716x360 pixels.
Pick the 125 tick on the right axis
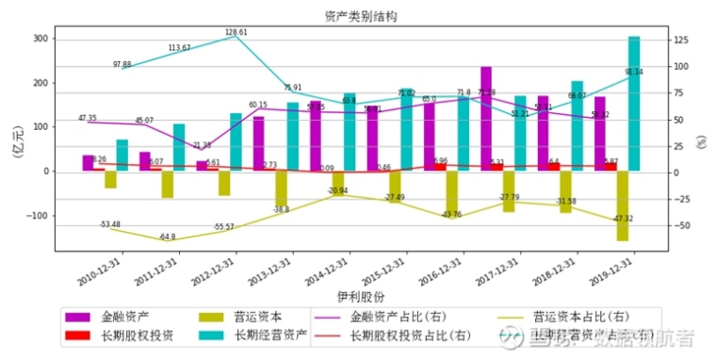tap(683, 41)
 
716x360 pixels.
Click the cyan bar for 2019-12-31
tap(634, 104)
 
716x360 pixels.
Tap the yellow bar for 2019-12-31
tap(622, 205)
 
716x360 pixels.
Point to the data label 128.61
tap(236, 32)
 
